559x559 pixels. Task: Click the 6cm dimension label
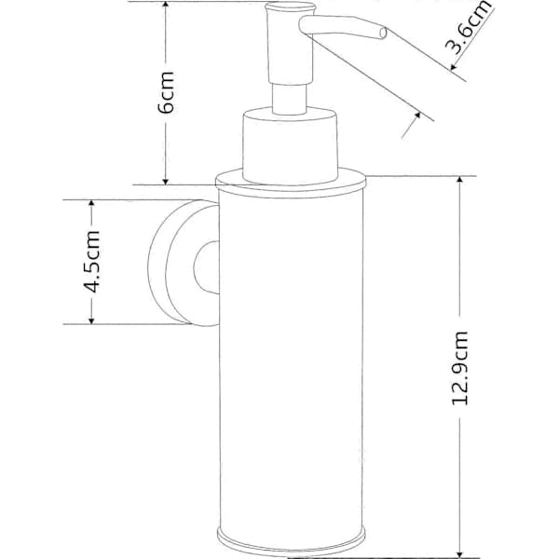[166, 92]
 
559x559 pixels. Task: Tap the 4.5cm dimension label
[91, 261]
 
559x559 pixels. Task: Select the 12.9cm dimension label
[460, 368]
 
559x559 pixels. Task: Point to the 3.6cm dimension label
[469, 27]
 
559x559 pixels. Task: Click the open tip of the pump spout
[383, 34]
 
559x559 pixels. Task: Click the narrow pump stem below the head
[290, 99]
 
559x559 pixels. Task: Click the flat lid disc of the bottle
[291, 183]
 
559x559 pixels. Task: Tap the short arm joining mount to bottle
[207, 267]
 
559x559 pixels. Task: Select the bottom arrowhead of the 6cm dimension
[166, 180]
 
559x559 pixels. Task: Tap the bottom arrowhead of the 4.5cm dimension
[91, 320]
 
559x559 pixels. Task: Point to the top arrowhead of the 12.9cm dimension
[460, 181]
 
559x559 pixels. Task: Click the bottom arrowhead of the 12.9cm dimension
[460, 552]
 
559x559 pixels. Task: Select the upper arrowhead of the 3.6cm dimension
[454, 65]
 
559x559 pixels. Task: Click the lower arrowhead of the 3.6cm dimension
[416, 117]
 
